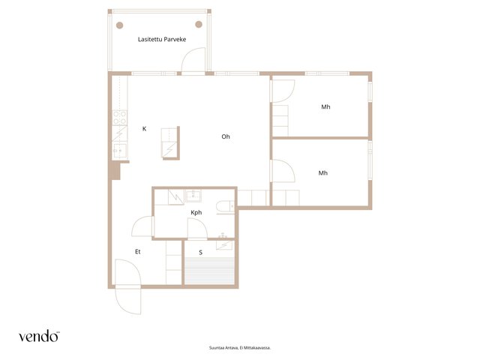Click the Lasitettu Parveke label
(x=162, y=39)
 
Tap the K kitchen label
(x=144, y=129)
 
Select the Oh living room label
(x=226, y=136)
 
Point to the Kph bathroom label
(x=196, y=212)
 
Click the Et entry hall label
(x=138, y=252)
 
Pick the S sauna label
(x=201, y=253)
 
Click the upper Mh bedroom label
(x=325, y=106)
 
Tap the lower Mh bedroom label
(x=323, y=173)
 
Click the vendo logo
(x=39, y=336)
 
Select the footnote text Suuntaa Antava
(x=221, y=348)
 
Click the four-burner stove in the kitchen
(x=120, y=118)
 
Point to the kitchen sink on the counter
(x=120, y=151)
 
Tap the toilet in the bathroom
(x=225, y=207)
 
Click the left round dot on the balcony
(x=120, y=25)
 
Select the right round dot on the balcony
(x=199, y=24)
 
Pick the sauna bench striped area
(x=209, y=271)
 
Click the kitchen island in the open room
(x=170, y=143)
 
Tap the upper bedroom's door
(x=283, y=91)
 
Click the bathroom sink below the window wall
(x=193, y=196)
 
